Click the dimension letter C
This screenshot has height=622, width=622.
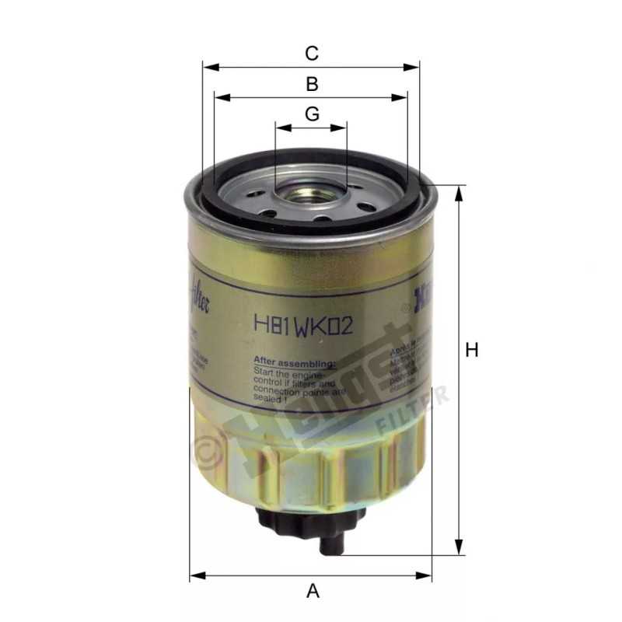click(311, 54)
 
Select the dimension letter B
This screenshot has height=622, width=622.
click(311, 84)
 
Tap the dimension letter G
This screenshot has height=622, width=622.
click(311, 114)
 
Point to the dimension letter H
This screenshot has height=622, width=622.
click(471, 351)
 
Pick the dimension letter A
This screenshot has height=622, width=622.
click(313, 592)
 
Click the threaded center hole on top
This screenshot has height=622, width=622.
click(309, 192)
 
